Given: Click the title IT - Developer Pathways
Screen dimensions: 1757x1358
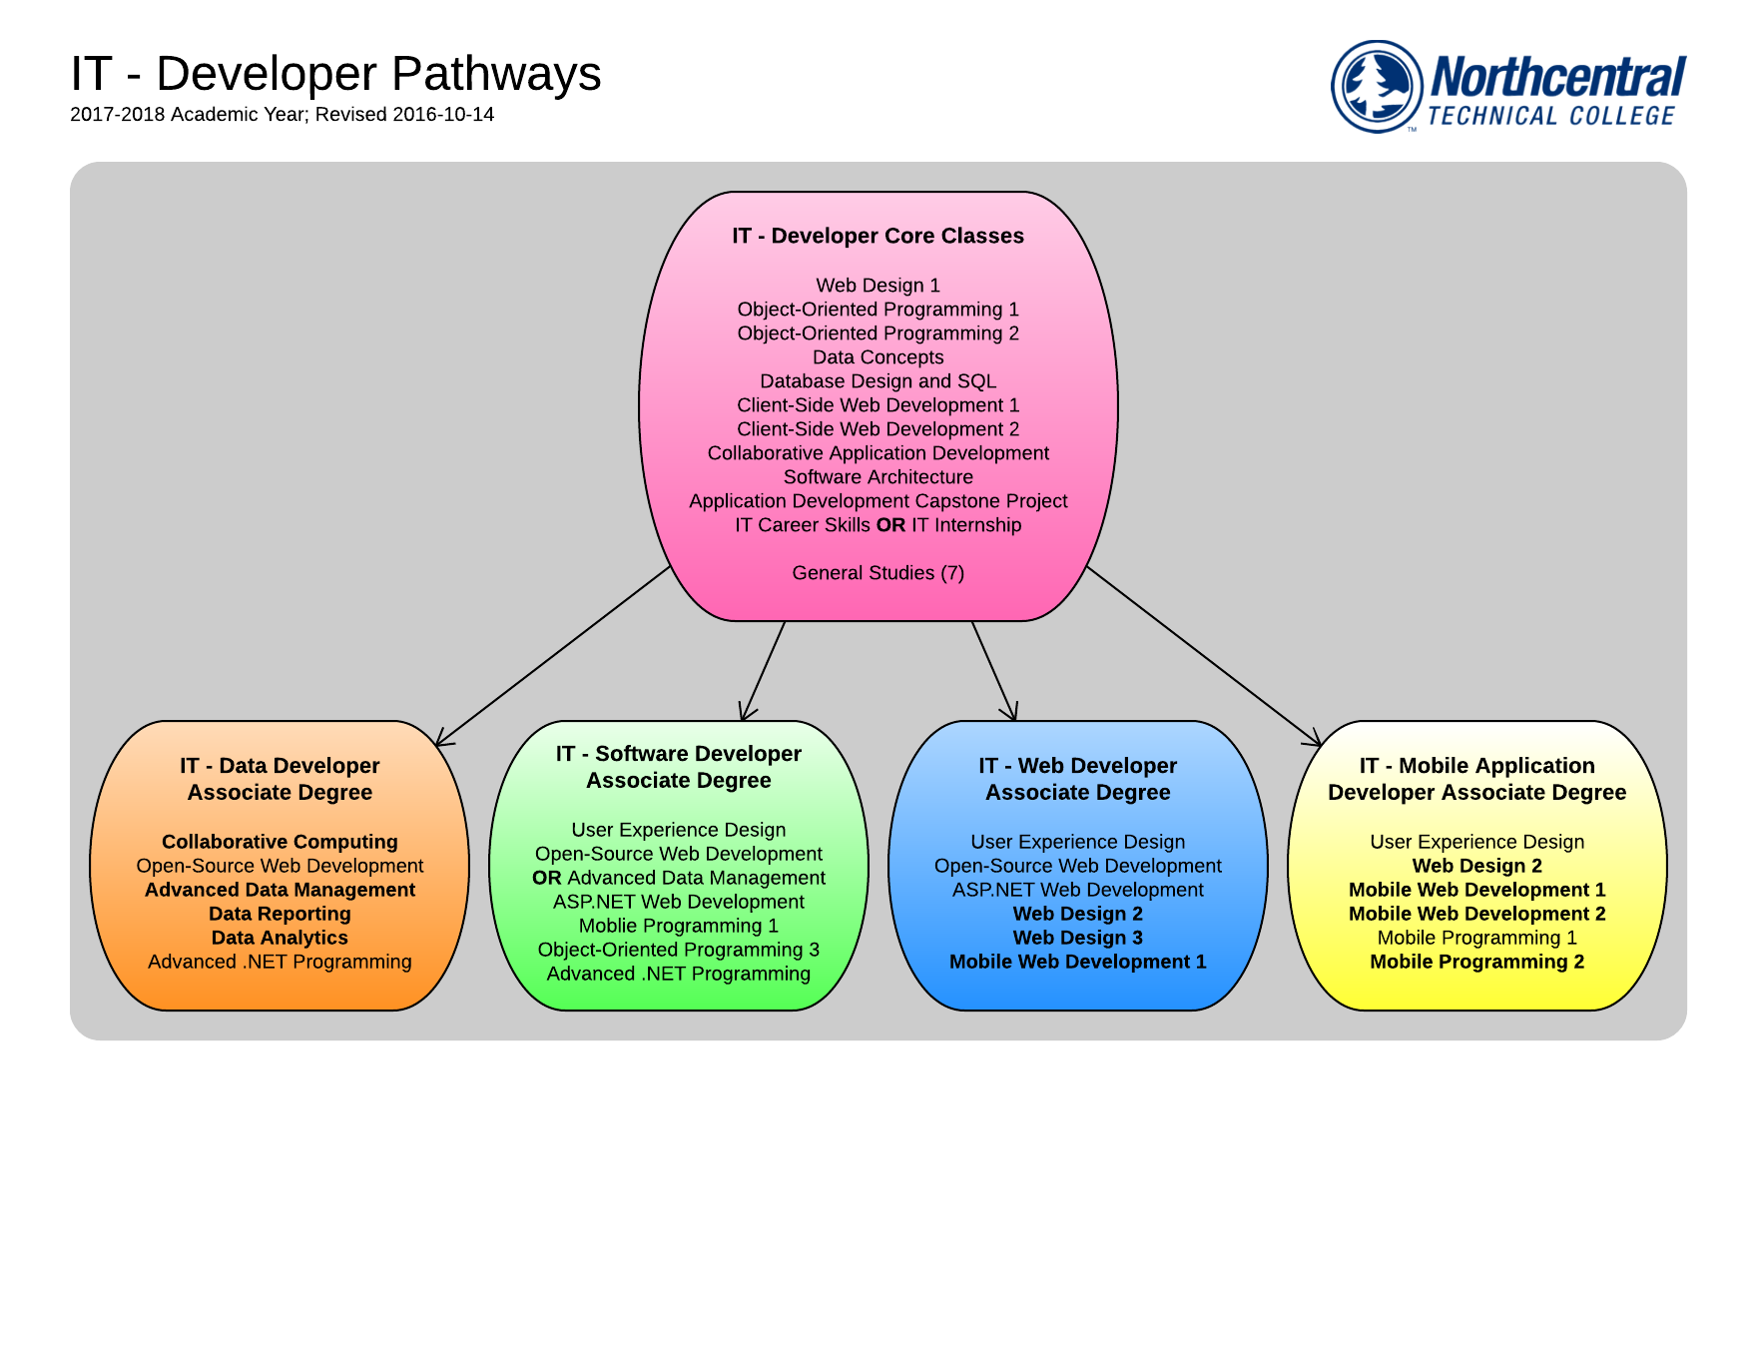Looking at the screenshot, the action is tap(335, 74).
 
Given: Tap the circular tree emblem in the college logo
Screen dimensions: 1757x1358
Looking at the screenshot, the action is tap(1377, 86).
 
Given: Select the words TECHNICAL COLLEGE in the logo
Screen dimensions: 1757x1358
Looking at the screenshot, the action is tap(1550, 116).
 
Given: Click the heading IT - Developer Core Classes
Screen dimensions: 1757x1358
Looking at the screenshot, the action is tap(878, 236).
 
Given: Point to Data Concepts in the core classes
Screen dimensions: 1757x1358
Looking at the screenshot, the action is tap(878, 357).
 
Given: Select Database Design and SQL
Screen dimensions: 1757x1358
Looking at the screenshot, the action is tap(878, 381).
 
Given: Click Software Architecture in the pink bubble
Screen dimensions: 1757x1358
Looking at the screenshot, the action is tap(878, 477).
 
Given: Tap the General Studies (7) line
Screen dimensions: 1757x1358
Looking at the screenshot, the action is tap(878, 573).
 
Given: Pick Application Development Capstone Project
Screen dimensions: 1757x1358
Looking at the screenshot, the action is tap(878, 501).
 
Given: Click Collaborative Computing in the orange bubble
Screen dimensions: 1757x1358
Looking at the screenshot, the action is tap(280, 842).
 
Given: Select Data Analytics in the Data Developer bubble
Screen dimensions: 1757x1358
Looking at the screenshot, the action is tap(280, 938).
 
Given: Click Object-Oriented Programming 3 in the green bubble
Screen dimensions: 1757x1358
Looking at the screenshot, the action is tap(679, 950).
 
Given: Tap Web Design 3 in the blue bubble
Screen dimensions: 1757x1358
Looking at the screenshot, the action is tap(1078, 938).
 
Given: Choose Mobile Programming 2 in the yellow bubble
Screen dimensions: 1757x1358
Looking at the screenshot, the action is tap(1477, 962).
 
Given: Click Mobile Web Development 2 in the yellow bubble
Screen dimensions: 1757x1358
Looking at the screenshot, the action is tap(1477, 914).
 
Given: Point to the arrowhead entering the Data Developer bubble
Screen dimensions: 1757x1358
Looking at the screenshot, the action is tap(442, 740).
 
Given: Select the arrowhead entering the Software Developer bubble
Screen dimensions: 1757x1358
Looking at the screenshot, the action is tap(746, 713).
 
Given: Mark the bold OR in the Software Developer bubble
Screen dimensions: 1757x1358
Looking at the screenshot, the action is tap(547, 878).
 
